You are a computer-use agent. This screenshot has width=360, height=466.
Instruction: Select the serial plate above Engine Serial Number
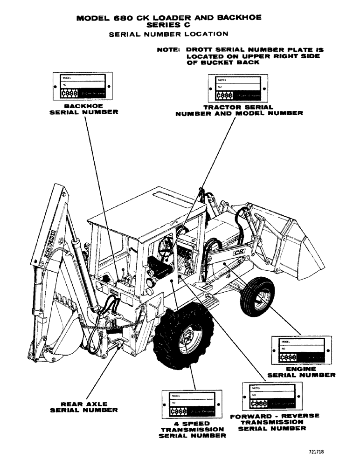302,350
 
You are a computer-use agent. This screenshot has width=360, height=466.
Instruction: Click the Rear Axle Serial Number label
84,407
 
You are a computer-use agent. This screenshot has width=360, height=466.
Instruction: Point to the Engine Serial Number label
301,371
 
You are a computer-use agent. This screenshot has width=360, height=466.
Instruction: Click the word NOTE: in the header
169,49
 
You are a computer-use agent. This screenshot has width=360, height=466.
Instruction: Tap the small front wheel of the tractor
257,297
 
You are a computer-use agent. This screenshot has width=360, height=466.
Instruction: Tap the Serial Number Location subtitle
168,34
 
